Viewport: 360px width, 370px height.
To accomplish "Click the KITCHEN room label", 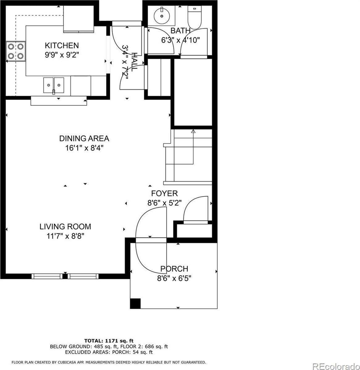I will [62, 46].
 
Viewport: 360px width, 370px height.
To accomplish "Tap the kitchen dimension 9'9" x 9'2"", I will [62, 55].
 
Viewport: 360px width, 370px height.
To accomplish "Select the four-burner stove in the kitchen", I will [16, 51].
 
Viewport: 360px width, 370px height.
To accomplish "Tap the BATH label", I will [180, 31].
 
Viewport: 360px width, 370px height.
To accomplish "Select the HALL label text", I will [135, 62].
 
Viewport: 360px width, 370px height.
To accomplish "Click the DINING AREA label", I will [84, 138].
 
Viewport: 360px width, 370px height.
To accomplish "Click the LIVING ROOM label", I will [65, 227].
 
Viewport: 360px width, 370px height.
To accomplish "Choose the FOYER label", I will [164, 193].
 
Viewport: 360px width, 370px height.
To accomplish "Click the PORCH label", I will [174, 269].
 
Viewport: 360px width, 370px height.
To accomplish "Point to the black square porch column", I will [135, 303].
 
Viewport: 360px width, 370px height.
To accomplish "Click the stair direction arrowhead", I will [193, 131].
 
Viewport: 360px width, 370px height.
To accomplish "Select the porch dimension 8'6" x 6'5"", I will [174, 278].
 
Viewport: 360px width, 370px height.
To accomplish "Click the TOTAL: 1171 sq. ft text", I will [109, 341].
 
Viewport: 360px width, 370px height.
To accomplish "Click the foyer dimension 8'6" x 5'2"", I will [164, 203].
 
